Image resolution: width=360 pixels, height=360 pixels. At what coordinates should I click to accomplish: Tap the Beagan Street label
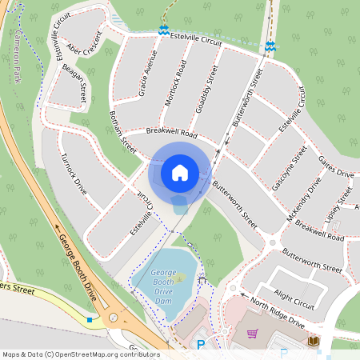coord(74,83)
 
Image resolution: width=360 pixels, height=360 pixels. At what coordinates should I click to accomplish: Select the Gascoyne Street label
coord(289,168)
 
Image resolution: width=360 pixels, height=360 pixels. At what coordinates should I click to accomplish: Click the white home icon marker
coord(179,172)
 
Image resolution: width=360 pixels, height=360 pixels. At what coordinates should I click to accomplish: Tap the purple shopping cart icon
coord(252,334)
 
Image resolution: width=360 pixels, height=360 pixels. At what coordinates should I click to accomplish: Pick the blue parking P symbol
coord(201,346)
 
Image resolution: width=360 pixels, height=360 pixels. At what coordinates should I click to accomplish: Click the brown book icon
coord(314,342)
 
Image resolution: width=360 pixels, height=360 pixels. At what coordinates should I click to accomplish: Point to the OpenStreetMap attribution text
coord(80,354)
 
